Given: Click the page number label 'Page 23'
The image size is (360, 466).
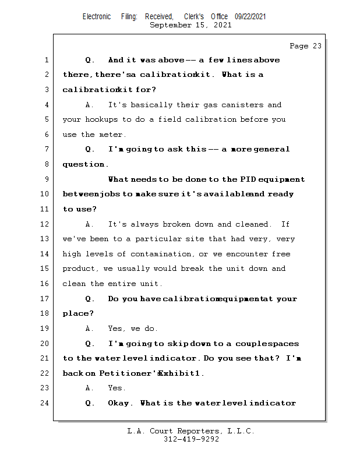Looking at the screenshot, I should pyautogui.click(x=305, y=46).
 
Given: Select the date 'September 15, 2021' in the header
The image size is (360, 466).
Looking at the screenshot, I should pyautogui.click(x=190, y=25).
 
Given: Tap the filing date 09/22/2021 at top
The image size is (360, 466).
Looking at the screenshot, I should pyautogui.click(x=250, y=17).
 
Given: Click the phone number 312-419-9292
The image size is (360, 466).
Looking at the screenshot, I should pyautogui.click(x=191, y=439).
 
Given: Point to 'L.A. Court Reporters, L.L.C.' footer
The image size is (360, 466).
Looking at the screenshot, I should pyautogui.click(x=191, y=431).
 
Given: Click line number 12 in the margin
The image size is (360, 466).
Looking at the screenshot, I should pyautogui.click(x=45, y=224).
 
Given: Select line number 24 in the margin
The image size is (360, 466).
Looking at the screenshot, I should pyautogui.click(x=45, y=403).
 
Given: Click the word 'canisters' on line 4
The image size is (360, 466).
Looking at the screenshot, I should pyautogui.click(x=241, y=105).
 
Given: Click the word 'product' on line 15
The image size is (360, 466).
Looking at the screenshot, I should pyautogui.click(x=79, y=269).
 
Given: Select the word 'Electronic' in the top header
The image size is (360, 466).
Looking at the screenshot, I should pyautogui.click(x=97, y=17).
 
